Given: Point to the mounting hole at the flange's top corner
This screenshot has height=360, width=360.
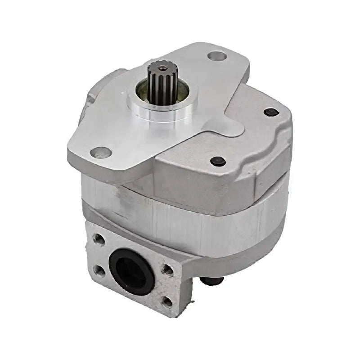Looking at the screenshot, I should (215, 56).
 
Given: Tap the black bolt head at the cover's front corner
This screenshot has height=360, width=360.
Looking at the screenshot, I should (217, 160).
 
